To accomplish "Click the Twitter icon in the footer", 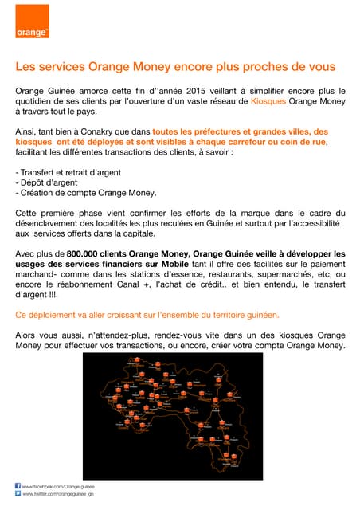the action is (19, 494).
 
